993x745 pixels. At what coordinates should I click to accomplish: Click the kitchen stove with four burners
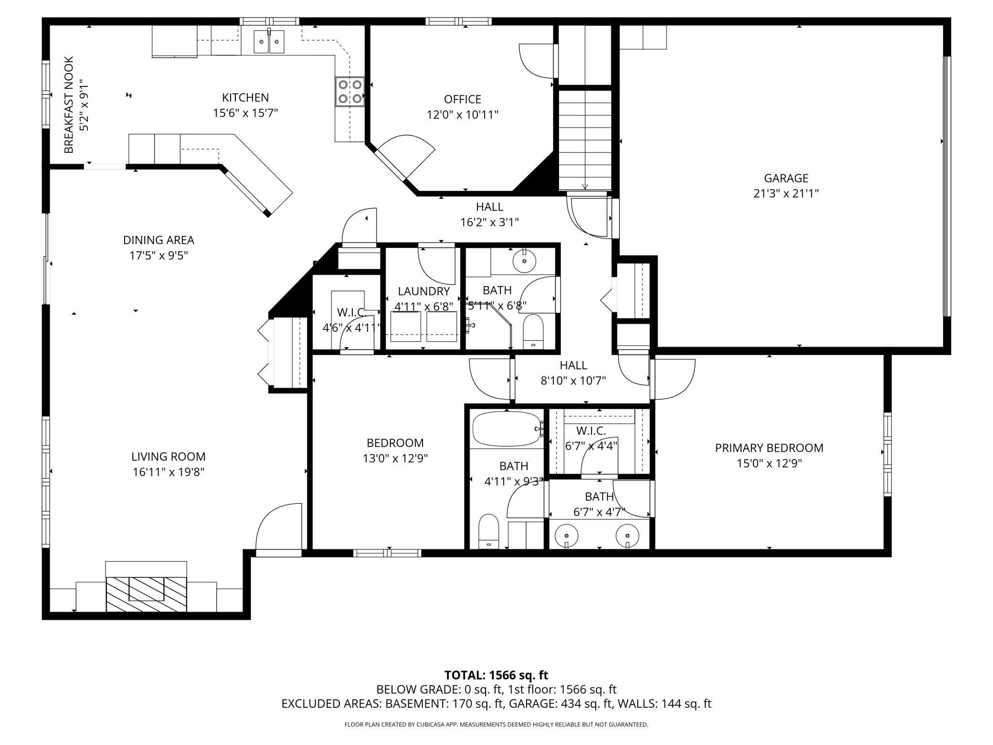click(x=349, y=92)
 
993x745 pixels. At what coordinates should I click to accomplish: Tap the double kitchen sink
click(x=269, y=42)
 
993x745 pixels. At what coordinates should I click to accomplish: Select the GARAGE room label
click(x=786, y=178)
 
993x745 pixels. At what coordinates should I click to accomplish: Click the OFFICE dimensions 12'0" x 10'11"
click(x=462, y=115)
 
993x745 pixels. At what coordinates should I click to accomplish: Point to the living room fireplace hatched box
click(x=146, y=594)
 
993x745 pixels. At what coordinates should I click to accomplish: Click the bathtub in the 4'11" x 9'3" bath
click(x=507, y=429)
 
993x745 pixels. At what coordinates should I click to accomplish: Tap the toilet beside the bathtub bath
click(x=488, y=531)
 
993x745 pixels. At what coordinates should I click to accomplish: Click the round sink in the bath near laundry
click(x=524, y=261)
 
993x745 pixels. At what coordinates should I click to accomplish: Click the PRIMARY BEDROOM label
click(x=769, y=448)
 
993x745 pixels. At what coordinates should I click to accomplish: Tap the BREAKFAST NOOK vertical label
click(x=69, y=105)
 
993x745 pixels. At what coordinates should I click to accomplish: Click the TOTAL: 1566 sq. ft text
click(x=496, y=675)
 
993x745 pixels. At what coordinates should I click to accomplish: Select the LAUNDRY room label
click(x=423, y=291)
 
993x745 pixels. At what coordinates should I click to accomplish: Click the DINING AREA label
click(x=158, y=240)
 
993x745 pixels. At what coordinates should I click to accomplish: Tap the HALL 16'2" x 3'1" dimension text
click(x=489, y=222)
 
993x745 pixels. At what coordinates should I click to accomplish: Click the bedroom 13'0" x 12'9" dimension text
click(x=395, y=458)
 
